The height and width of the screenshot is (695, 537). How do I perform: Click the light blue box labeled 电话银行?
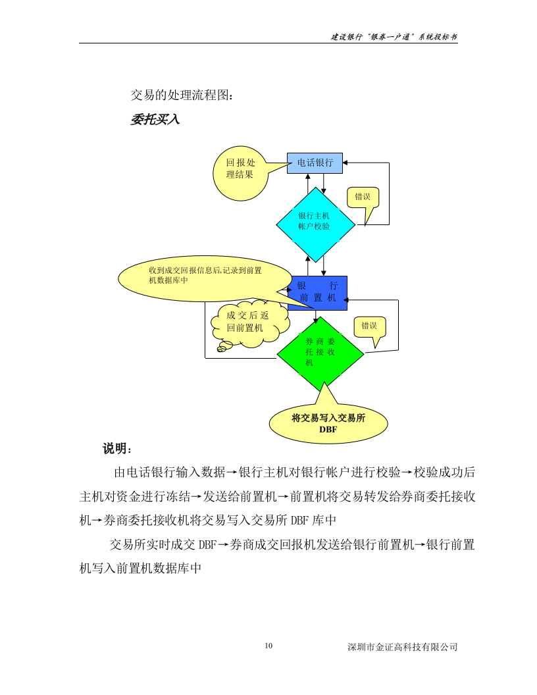coord(315,163)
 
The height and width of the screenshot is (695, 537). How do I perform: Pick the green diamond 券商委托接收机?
coord(320,353)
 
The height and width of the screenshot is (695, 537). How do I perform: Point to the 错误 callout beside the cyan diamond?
coord(363,197)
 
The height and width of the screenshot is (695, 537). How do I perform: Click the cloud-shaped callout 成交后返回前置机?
coord(249,322)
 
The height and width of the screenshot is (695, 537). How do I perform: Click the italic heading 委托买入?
coord(155,120)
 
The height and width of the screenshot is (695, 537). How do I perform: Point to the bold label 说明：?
coord(118,449)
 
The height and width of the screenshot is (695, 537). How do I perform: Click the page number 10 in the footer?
coord(268,646)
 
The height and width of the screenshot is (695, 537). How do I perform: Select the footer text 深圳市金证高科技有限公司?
coord(402,647)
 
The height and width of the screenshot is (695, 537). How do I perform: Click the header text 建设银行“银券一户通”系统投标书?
coord(394,38)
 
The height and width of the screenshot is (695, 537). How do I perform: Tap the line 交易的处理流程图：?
coord(181,96)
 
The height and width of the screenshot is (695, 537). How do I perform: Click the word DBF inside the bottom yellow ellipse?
coord(328,429)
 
